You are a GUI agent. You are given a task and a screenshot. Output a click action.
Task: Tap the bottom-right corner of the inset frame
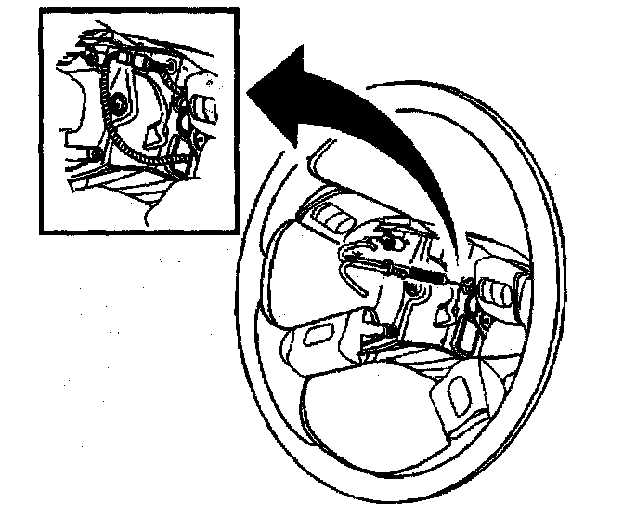pyautogui.click(x=242, y=232)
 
